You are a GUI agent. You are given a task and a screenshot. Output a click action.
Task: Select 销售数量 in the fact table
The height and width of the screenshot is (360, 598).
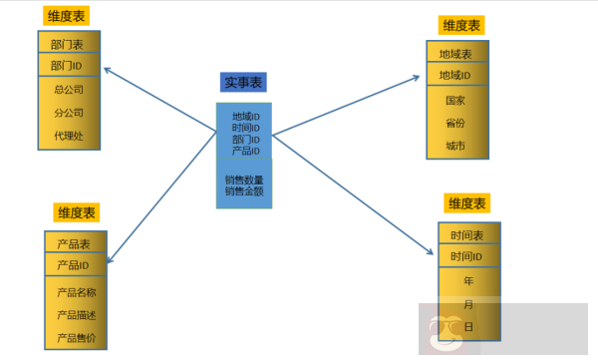[244, 180]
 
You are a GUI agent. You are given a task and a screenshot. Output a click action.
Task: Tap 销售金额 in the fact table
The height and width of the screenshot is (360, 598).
[244, 190]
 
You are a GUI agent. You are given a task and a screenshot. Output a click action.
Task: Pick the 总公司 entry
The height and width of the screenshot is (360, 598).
[69, 90]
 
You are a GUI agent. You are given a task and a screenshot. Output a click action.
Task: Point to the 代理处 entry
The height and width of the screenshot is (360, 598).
[69, 135]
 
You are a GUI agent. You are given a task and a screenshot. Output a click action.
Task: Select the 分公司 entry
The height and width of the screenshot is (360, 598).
[69, 112]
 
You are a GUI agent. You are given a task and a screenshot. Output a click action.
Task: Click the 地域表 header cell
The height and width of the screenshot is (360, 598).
[455, 54]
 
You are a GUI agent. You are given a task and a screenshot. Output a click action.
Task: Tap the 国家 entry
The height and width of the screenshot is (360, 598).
[455, 101]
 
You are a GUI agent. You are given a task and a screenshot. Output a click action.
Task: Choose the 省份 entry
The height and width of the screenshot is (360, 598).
[455, 124]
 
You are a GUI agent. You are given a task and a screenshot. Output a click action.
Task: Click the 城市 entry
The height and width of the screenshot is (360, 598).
[455, 146]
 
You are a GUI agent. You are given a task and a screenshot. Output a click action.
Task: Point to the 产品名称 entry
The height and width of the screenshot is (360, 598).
[76, 292]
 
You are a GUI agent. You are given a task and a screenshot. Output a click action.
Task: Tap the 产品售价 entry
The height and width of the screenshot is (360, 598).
[76, 337]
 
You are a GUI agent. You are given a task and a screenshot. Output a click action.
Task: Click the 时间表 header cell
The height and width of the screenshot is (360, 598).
[467, 236]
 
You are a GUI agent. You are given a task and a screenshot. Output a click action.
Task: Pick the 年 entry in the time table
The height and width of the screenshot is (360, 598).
[467, 281]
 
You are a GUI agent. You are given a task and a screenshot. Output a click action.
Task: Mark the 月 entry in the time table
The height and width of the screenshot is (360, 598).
[467, 304]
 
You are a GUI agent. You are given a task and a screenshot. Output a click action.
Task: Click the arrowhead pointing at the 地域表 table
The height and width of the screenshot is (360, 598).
[420, 75]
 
